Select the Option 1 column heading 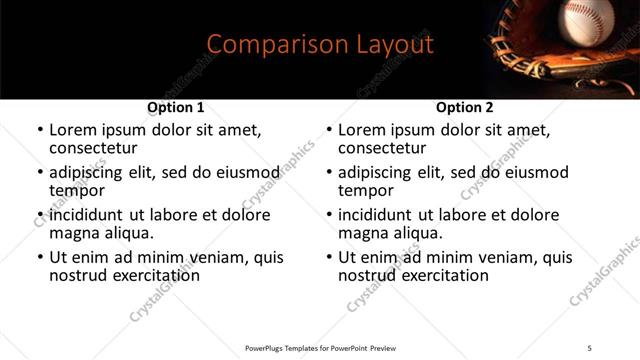coord(176,107)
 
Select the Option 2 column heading coord(464,107)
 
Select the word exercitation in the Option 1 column coord(155,274)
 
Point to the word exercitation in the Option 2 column coord(443,274)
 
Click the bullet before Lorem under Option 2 coord(328,131)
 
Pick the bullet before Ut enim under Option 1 coord(40,258)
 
